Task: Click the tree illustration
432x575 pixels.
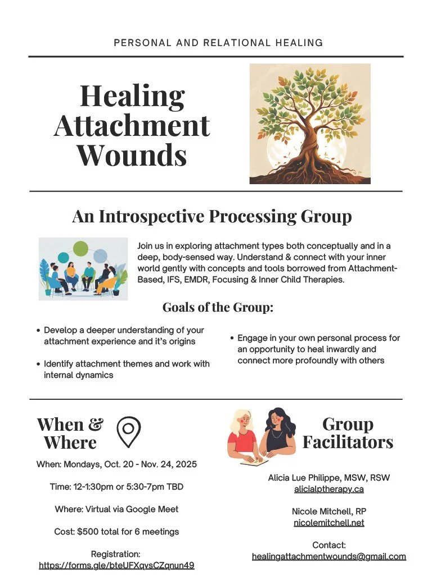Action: point(310,124)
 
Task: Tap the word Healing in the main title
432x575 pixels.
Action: point(132,96)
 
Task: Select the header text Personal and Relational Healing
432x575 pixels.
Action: point(218,43)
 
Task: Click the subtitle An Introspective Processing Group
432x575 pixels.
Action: point(212,216)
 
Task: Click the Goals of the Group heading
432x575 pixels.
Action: point(218,307)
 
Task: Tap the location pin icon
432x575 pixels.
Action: point(128,431)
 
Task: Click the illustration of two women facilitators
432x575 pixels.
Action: point(261,436)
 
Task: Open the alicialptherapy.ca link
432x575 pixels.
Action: point(329,489)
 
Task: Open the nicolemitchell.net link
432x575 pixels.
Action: point(329,523)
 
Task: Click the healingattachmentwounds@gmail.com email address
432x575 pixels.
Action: point(329,556)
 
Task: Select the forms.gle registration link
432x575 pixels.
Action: point(116,565)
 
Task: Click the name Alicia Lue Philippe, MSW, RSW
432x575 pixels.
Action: point(329,478)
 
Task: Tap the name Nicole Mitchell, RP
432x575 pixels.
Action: point(329,512)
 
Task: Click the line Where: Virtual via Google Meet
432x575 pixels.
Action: point(116,509)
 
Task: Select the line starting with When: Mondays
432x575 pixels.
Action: point(116,464)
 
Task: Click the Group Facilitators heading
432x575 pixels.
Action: point(348,433)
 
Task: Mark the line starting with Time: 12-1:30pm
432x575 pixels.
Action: point(116,487)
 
